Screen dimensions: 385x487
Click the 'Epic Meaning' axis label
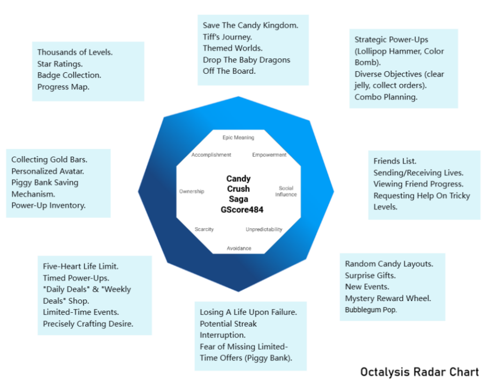click(238, 137)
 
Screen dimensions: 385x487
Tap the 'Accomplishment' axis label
click(211, 155)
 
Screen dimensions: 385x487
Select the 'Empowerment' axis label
click(269, 155)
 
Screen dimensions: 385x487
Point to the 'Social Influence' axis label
click(286, 191)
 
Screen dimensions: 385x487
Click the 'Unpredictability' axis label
click(264, 229)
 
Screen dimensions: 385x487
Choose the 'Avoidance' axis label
click(239, 248)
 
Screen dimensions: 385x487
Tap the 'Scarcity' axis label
click(204, 229)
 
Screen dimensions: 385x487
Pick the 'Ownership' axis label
click(192, 191)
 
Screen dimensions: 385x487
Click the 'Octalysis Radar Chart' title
click(419, 372)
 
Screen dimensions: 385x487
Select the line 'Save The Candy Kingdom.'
click(250, 25)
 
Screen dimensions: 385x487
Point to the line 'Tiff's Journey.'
click(227, 37)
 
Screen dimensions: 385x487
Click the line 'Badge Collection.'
click(69, 75)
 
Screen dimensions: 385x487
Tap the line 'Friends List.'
click(395, 161)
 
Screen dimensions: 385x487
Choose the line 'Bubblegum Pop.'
click(371, 310)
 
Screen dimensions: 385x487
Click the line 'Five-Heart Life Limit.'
click(80, 266)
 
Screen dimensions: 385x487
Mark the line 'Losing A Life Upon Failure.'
click(248, 312)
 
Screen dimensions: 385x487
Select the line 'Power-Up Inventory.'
click(48, 205)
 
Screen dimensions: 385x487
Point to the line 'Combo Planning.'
click(386, 97)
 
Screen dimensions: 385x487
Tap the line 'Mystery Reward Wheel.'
click(387, 298)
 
